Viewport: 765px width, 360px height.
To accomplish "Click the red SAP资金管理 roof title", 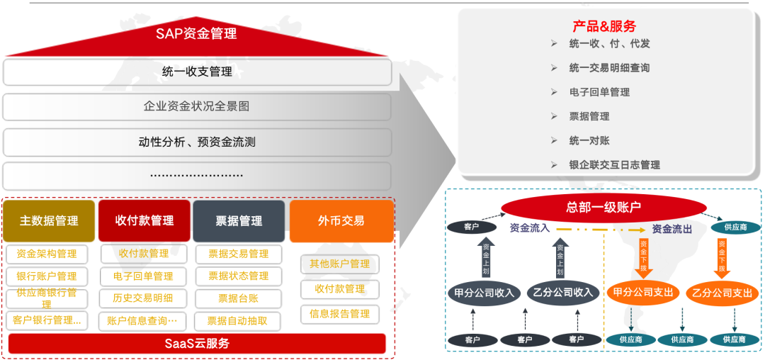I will point(196,33).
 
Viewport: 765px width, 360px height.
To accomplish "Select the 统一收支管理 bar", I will point(197,72).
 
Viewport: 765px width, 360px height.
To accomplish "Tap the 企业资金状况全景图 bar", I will point(197,106).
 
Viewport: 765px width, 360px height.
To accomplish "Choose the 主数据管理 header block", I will point(49,220).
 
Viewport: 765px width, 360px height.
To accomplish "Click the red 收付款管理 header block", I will point(144,220).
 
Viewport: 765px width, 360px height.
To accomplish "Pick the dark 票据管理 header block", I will point(239,221).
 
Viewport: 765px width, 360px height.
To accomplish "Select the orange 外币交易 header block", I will point(341,220).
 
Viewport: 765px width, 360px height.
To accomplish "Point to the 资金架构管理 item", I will point(47,254).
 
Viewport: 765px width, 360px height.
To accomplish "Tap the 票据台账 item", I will point(238,298).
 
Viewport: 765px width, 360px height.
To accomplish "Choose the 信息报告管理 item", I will point(340,313).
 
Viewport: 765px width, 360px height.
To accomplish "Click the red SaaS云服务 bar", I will point(196,344).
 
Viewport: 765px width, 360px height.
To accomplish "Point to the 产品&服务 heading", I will point(604,27).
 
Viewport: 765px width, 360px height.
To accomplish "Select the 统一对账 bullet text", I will point(589,140).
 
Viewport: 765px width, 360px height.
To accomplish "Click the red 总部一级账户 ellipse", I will point(603,207).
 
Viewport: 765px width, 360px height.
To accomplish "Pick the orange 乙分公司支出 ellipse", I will point(722,293).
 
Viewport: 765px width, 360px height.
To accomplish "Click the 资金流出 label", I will point(671,229).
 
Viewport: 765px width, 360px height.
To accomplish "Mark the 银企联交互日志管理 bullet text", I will point(614,164).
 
